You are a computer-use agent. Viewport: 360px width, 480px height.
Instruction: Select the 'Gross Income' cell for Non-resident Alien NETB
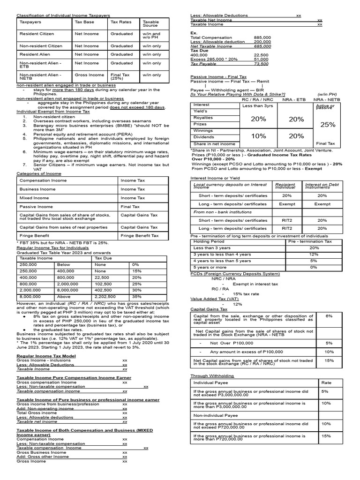click(89, 75)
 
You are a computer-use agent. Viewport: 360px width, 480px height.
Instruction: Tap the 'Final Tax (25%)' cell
click(119, 76)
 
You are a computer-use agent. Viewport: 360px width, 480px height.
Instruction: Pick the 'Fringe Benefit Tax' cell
click(139, 236)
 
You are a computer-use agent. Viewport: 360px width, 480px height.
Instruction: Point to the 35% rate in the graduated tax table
click(136, 297)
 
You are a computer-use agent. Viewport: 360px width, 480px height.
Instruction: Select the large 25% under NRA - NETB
click(327, 125)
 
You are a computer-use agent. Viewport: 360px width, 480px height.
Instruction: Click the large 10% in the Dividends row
click(258, 136)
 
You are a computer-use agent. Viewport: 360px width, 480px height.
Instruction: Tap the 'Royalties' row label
click(203, 118)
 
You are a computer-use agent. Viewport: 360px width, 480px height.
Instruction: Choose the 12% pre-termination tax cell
click(314, 254)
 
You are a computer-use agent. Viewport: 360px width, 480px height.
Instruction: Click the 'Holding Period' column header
click(206, 241)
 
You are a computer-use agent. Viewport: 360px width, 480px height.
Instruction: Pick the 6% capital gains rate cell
click(330, 316)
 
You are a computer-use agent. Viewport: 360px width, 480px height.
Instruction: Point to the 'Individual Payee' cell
click(208, 383)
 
